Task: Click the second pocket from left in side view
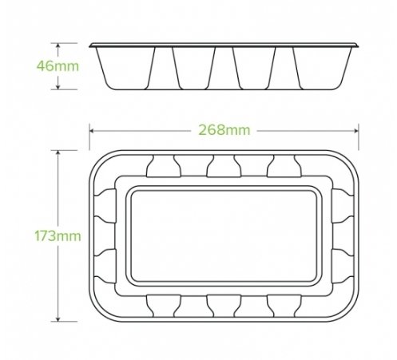click(193, 67)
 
